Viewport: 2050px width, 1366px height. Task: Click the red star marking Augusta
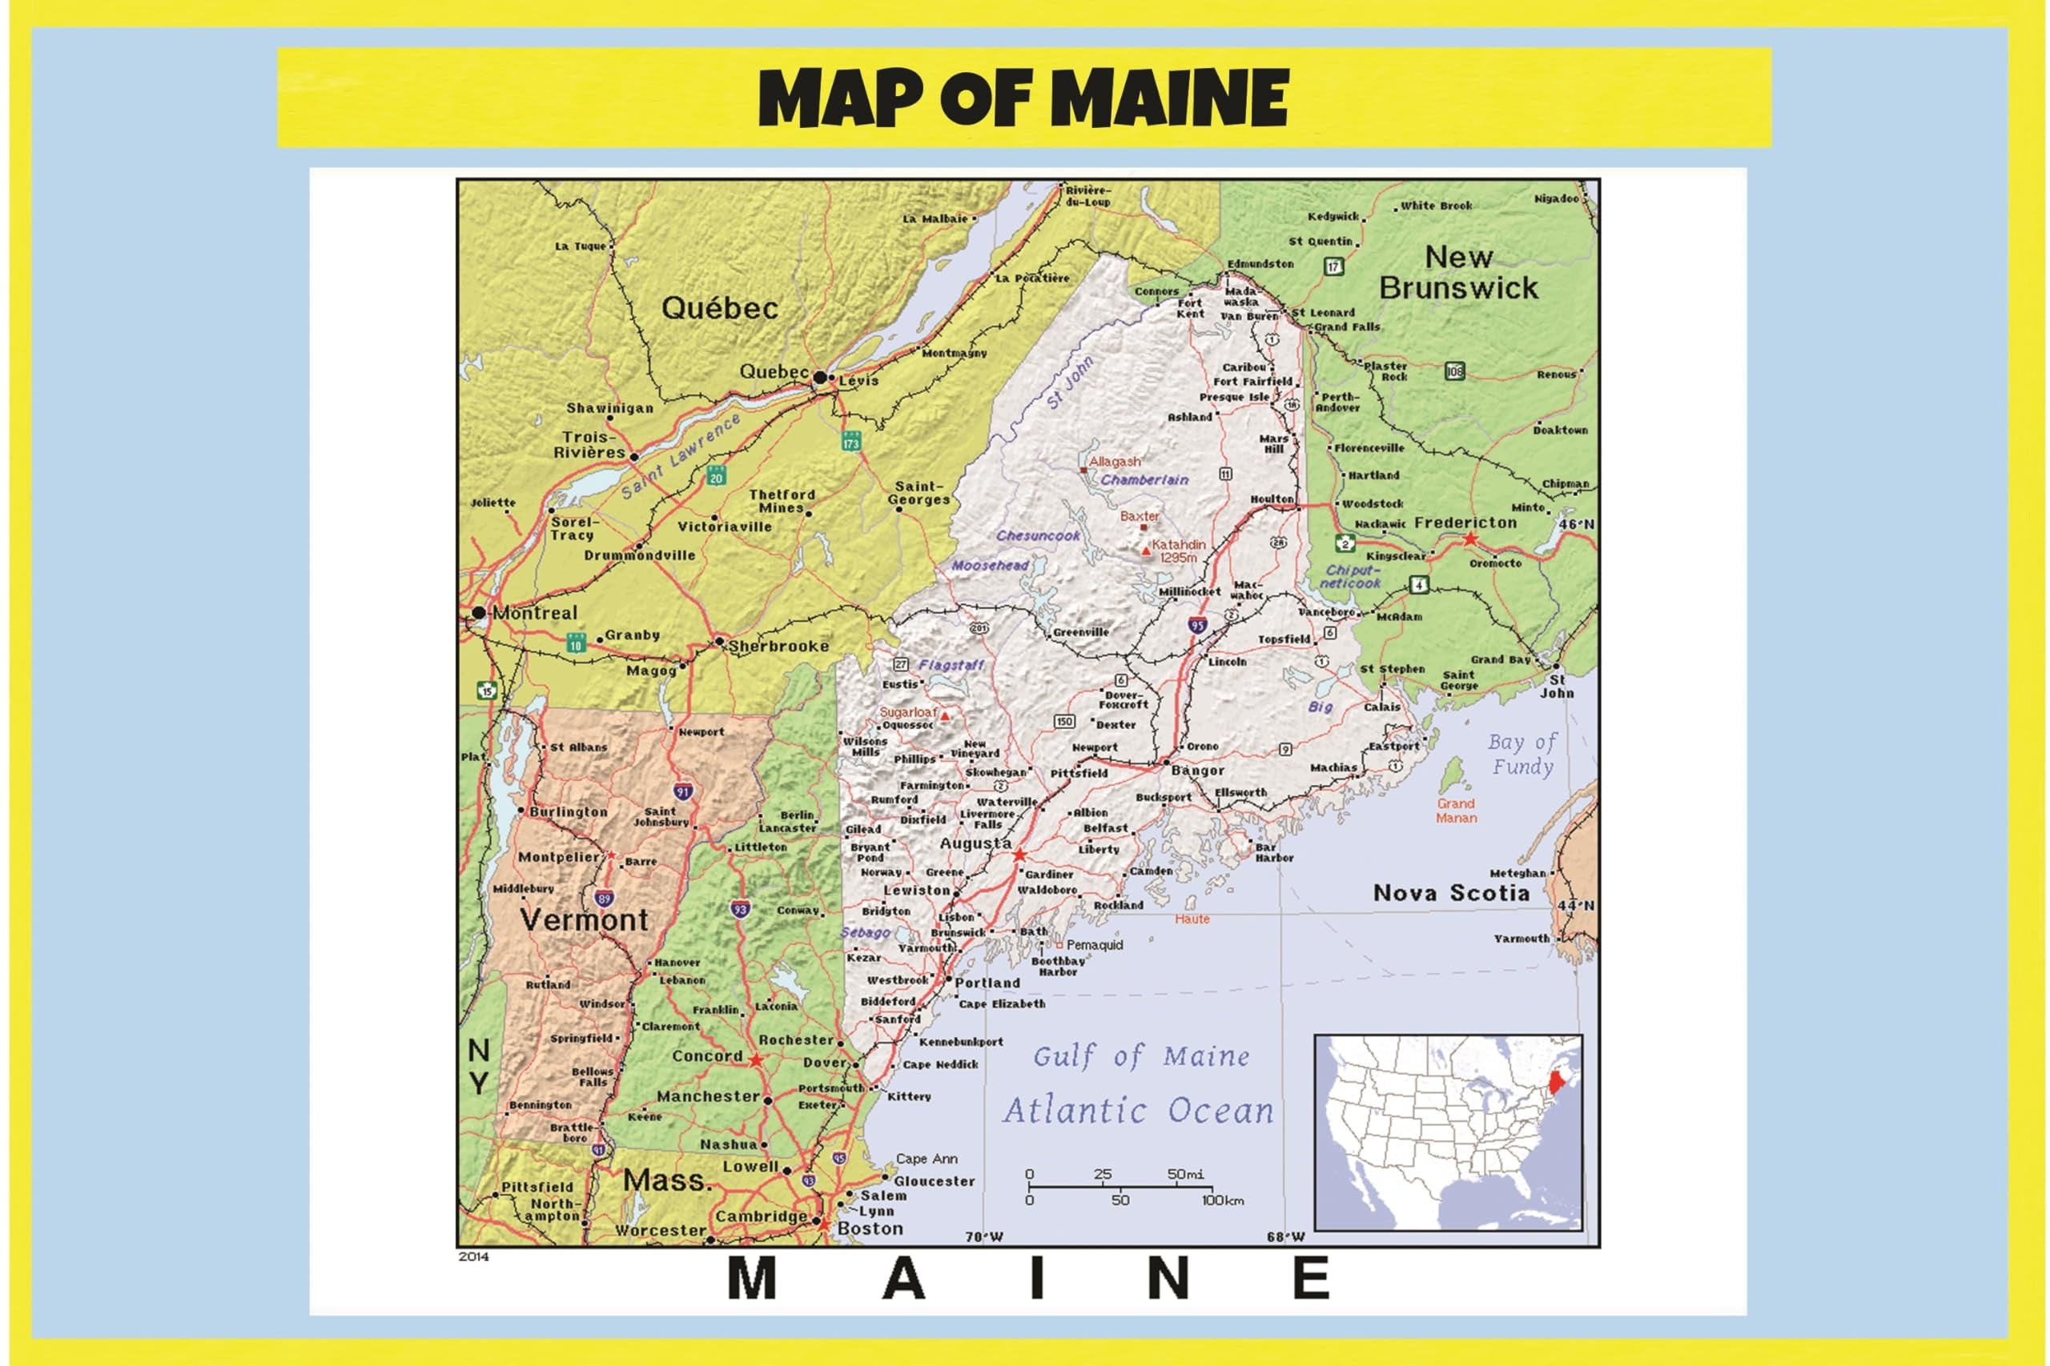pyautogui.click(x=1019, y=855)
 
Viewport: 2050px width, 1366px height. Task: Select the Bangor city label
pyautogui.click(x=1198, y=771)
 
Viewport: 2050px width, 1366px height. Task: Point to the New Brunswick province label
pyautogui.click(x=1458, y=273)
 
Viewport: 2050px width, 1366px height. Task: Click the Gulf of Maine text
pyautogui.click(x=1141, y=1057)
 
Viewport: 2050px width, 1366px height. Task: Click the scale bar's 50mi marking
pyautogui.click(x=1185, y=1174)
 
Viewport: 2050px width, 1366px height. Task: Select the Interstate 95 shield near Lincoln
pyautogui.click(x=1196, y=625)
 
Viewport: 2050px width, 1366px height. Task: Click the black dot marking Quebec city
pyautogui.click(x=820, y=377)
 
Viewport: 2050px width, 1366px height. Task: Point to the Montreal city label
pyautogui.click(x=534, y=613)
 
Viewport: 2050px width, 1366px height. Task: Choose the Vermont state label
pyautogui.click(x=584, y=920)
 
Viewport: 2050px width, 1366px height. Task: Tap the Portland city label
pyautogui.click(x=987, y=983)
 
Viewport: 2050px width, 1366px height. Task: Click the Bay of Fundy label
pyautogui.click(x=1521, y=755)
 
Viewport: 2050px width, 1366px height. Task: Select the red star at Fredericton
pyautogui.click(x=1470, y=539)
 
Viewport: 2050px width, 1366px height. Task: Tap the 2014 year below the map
pyautogui.click(x=473, y=1257)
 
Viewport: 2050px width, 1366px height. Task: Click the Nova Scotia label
pyautogui.click(x=1451, y=893)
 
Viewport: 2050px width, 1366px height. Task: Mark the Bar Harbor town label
pyautogui.click(x=1273, y=852)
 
